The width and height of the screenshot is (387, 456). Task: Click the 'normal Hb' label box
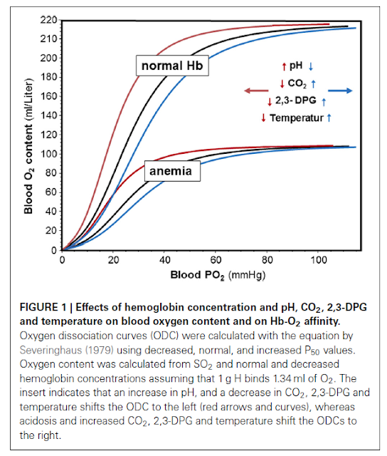(x=173, y=66)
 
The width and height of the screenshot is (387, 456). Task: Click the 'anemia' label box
(x=171, y=171)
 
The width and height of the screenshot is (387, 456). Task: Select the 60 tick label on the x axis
(x=217, y=260)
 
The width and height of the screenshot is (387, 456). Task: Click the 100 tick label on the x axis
(x=319, y=260)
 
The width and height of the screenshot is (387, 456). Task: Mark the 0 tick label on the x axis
(x=63, y=260)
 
